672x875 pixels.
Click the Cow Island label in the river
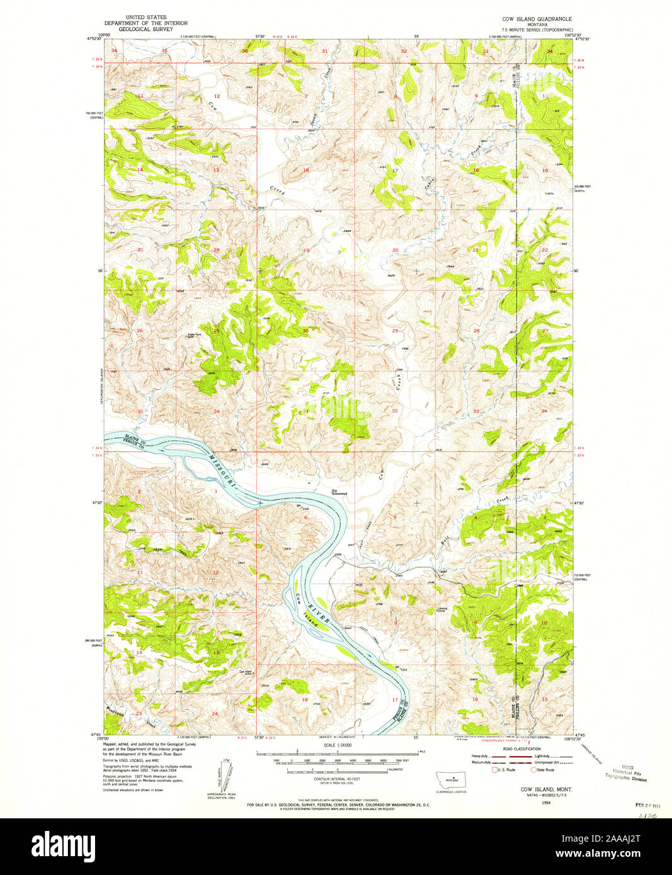tap(302, 604)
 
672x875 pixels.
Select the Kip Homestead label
tap(339, 494)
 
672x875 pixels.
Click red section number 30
tap(305, 330)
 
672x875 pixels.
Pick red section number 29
tap(395, 330)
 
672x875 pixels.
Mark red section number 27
tap(545, 330)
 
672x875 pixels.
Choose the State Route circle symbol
tap(532, 769)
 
